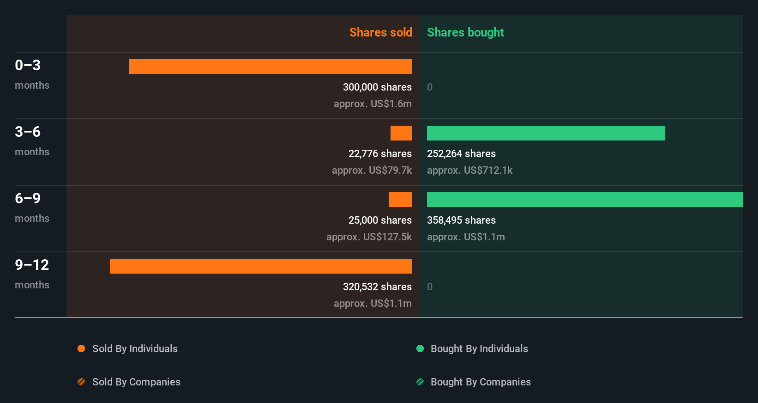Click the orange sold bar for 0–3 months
[x=271, y=67]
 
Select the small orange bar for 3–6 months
[x=401, y=133]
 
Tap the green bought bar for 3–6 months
[x=546, y=133]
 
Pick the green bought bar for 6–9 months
[x=585, y=200]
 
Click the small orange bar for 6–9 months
[x=400, y=200]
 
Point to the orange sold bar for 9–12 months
[x=261, y=266]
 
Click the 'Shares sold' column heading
[x=380, y=32]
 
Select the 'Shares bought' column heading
[x=465, y=32]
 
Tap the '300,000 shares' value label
[x=377, y=87]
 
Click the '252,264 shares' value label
[x=461, y=153]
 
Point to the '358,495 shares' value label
[x=461, y=220]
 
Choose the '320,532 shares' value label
[x=377, y=287]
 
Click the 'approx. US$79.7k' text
[x=372, y=170]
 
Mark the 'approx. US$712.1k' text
[x=469, y=170]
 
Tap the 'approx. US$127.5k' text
[x=369, y=237]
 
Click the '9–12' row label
[x=32, y=265]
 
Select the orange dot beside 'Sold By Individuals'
[x=81, y=348]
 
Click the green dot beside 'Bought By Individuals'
[x=420, y=348]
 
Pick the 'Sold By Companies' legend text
[x=136, y=382]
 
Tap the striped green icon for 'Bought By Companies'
[x=420, y=382]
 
